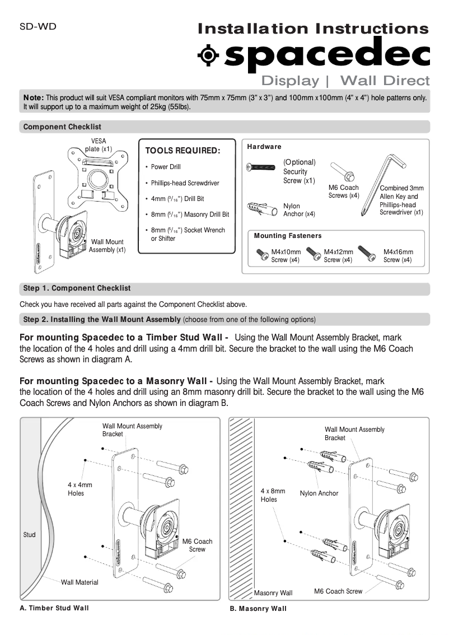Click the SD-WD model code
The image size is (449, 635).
(38, 26)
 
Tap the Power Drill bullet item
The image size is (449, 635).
(166, 167)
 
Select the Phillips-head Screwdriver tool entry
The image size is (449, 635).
(185, 183)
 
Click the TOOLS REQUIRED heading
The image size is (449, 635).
(183, 151)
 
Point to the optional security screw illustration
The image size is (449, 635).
(261, 167)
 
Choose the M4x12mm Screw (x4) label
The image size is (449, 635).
(338, 256)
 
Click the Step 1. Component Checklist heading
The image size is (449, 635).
(77, 288)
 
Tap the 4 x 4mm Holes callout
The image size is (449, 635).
(79, 489)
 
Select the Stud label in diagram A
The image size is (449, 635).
(29, 535)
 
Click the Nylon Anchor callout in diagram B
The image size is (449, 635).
(319, 493)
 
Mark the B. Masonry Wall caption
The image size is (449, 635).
(258, 609)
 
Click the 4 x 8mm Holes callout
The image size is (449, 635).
(273, 495)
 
